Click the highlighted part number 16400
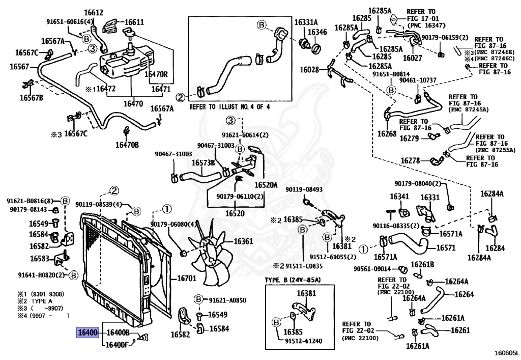[x=88, y=332]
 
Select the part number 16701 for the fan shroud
[x=186, y=278]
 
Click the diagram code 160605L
[x=506, y=352]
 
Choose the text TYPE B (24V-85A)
[x=293, y=280]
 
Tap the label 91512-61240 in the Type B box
[x=304, y=341]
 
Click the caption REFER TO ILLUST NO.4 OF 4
[x=229, y=107]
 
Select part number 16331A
[x=306, y=22]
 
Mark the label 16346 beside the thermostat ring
[x=317, y=32]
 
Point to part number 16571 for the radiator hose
[x=446, y=247]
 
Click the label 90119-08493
[x=304, y=189]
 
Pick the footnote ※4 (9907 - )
[x=44, y=315]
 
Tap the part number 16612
[x=94, y=13]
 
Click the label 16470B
[x=127, y=145]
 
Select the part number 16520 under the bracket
[x=235, y=213]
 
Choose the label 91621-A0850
[x=227, y=300]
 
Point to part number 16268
[x=387, y=133]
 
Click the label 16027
[x=412, y=58]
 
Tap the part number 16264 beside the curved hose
[x=464, y=294]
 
